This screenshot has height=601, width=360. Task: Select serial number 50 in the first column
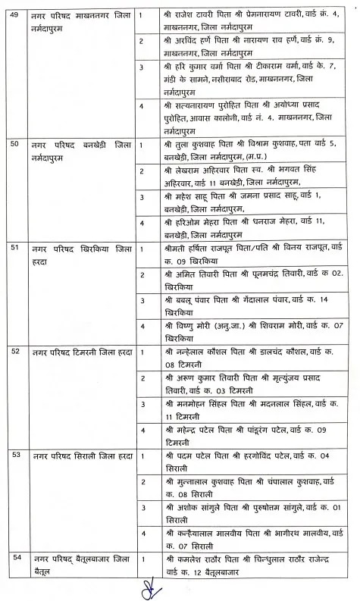click(x=14, y=142)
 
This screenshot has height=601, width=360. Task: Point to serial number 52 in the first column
click(x=14, y=352)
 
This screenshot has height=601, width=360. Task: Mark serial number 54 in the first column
click(x=14, y=558)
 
